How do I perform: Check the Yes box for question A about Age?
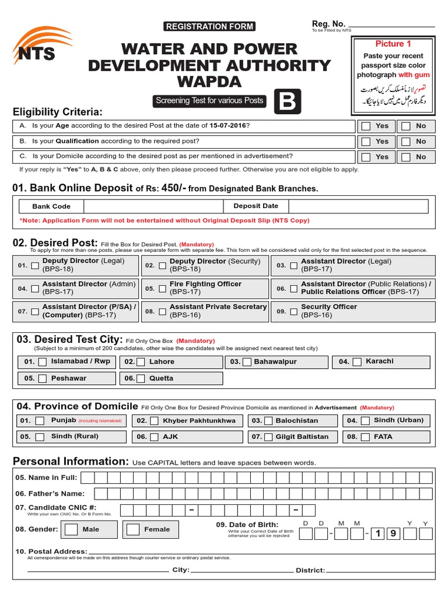(366, 126)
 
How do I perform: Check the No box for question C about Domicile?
(405, 157)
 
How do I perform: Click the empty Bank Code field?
(153, 206)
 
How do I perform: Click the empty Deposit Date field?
(358, 206)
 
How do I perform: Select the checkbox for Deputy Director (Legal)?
(35, 266)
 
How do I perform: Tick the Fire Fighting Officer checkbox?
(162, 289)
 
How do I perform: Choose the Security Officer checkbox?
(293, 311)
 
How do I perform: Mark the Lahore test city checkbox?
(141, 362)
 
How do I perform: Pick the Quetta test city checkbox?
(141, 378)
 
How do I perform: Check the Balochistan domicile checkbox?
(268, 421)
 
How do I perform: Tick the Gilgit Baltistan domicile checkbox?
(268, 437)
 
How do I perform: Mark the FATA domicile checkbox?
(365, 437)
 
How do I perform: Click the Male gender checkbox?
(71, 529)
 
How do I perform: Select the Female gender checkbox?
(133, 529)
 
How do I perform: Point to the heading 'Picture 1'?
(393, 44)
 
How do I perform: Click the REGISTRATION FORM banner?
(209, 26)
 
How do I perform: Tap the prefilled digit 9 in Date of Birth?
(393, 534)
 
